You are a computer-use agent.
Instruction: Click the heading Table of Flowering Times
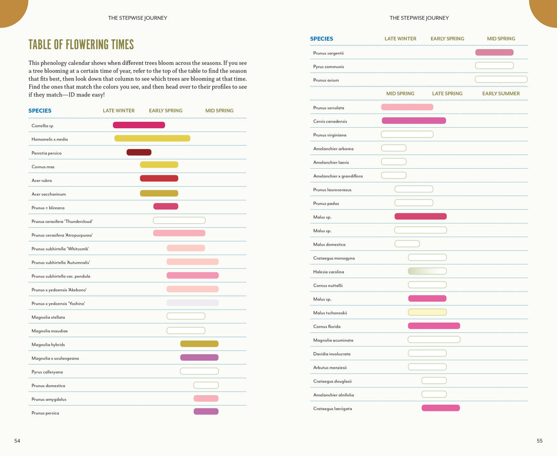[81, 45]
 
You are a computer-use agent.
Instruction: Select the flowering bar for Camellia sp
[139, 125]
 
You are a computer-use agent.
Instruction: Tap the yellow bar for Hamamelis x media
[152, 138]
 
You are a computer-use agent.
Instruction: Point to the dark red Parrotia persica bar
[139, 153]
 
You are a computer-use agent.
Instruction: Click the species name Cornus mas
[43, 167]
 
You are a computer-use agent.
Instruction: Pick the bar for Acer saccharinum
[159, 194]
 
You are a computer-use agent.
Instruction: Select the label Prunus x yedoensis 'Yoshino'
[58, 303]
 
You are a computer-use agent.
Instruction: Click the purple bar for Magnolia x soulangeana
[199, 358]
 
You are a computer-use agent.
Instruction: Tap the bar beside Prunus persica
[206, 412]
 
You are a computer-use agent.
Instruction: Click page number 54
[17, 441]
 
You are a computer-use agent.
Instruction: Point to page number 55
[539, 441]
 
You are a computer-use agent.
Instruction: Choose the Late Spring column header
[447, 94]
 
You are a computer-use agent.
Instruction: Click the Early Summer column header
[501, 94]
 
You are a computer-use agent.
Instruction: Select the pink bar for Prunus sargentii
[494, 53]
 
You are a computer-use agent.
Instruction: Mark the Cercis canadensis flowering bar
[414, 121]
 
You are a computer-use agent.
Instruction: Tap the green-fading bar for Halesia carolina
[427, 272]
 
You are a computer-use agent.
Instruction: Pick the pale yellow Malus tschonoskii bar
[427, 313]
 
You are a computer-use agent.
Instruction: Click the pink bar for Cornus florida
[434, 326]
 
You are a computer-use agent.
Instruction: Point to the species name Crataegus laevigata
[333, 409]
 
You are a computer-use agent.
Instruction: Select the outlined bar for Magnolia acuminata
[434, 340]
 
